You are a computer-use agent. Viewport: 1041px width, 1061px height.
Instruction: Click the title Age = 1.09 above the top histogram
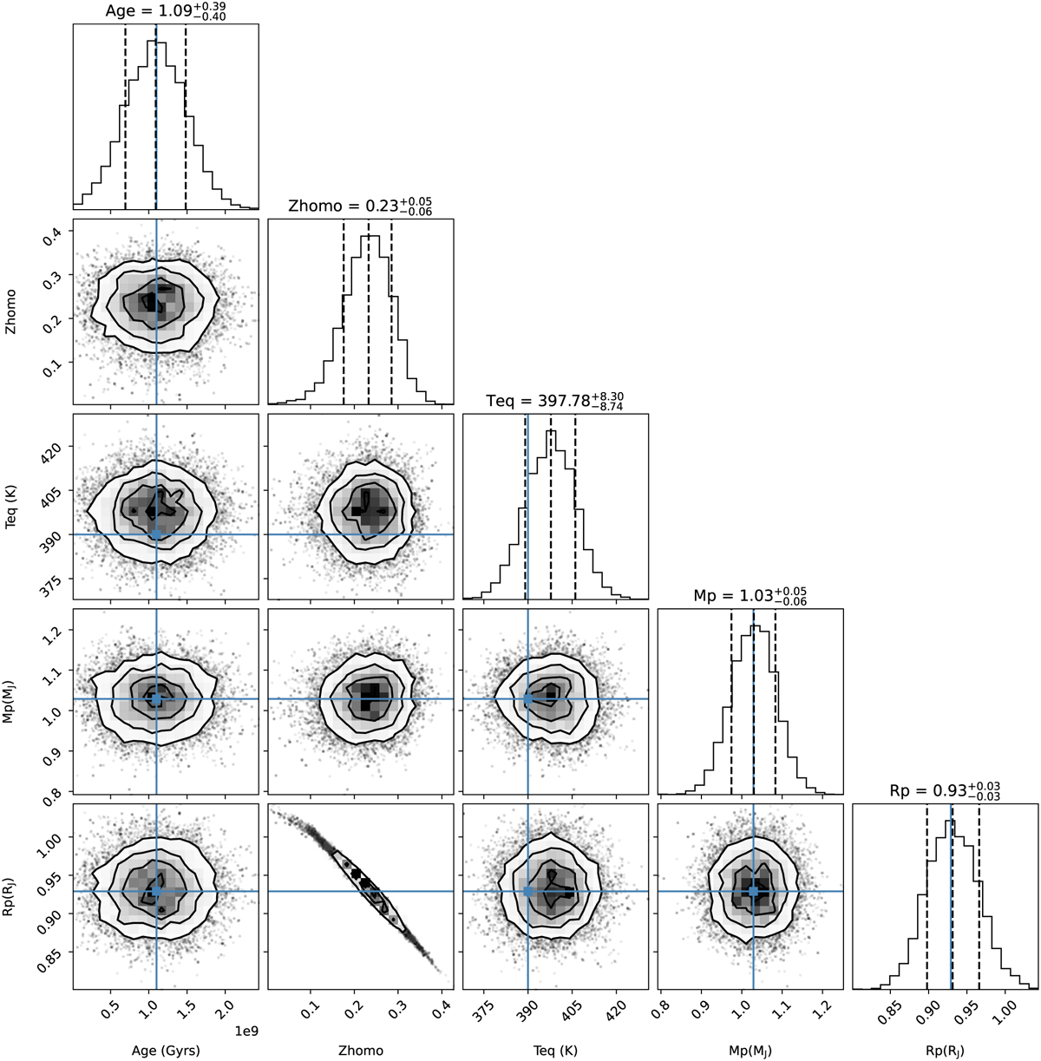pyautogui.click(x=166, y=11)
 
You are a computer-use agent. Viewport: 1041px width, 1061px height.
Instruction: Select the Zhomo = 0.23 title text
pyautogui.click(x=360, y=206)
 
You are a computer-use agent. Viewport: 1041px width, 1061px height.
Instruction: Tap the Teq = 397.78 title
pyautogui.click(x=555, y=400)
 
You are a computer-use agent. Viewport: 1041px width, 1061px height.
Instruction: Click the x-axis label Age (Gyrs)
pyautogui.click(x=166, y=1050)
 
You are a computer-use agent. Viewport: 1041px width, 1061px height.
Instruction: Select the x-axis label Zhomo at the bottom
pyautogui.click(x=361, y=1050)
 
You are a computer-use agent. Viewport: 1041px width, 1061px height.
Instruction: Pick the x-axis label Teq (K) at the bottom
pyautogui.click(x=555, y=1050)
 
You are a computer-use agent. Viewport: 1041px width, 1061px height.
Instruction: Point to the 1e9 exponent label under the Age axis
pyautogui.click(x=247, y=1030)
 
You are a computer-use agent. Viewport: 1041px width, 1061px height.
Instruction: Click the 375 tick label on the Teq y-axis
pyautogui.click(x=54, y=579)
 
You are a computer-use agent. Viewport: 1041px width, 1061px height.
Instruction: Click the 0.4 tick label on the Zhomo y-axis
pyautogui.click(x=54, y=233)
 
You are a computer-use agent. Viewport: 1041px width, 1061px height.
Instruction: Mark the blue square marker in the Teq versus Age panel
pyautogui.click(x=156, y=534)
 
